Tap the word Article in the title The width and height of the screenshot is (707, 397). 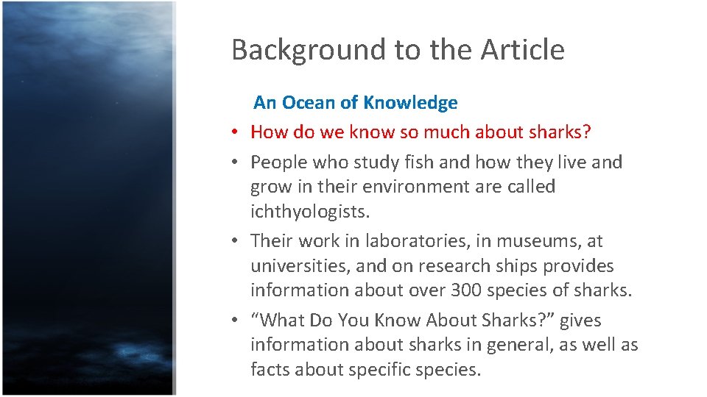(x=523, y=50)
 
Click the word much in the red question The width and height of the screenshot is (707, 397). (x=442, y=132)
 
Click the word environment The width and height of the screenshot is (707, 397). (x=421, y=187)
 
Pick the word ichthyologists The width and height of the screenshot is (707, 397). (x=309, y=212)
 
